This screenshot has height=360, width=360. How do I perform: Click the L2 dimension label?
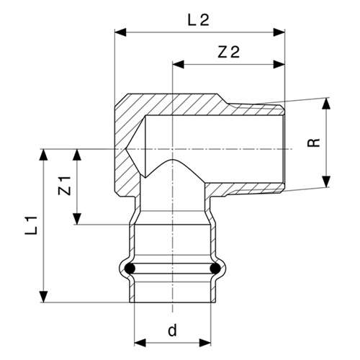point(198,20)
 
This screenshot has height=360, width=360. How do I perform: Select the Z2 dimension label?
point(228,53)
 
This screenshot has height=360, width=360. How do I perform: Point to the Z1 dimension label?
point(65,186)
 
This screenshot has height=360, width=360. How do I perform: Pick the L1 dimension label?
point(32,225)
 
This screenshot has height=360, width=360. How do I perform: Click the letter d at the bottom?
point(172,330)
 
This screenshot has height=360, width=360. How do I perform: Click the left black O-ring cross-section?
point(130,269)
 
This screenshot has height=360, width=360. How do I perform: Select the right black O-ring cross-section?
point(215,269)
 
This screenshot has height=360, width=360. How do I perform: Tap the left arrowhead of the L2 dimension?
point(120,32)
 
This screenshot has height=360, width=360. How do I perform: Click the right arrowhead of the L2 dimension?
point(279,32)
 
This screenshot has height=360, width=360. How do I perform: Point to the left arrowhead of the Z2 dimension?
point(179,64)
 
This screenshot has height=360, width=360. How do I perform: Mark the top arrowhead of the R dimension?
point(326,104)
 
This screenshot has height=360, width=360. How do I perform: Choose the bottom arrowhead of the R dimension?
point(326,181)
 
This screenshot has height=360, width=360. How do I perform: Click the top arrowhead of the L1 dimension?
point(43,155)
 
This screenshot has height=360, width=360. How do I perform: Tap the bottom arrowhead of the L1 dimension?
point(43,297)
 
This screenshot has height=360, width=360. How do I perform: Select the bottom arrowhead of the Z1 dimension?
point(77,219)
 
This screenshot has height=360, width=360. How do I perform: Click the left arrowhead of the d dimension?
point(140,343)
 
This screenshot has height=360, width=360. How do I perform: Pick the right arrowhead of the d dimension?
point(205,343)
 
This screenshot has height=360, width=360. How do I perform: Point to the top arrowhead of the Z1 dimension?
point(77,155)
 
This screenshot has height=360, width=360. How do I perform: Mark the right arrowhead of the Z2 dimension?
point(279,64)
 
